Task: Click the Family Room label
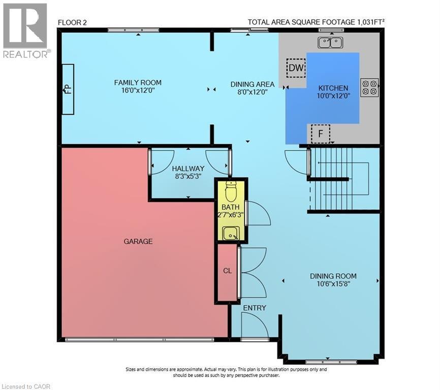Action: pyautogui.click(x=138, y=83)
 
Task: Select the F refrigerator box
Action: pyautogui.click(x=320, y=134)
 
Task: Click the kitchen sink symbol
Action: pyautogui.click(x=330, y=43)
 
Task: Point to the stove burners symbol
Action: pyautogui.click(x=369, y=87)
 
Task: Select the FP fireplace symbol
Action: pyautogui.click(x=67, y=89)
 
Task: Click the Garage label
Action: pyautogui.click(x=138, y=242)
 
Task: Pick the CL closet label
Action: pyautogui.click(x=227, y=271)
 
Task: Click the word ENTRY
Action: pyautogui.click(x=254, y=308)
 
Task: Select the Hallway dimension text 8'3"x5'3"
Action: pyautogui.click(x=188, y=177)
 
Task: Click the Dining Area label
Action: pyautogui.click(x=253, y=84)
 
